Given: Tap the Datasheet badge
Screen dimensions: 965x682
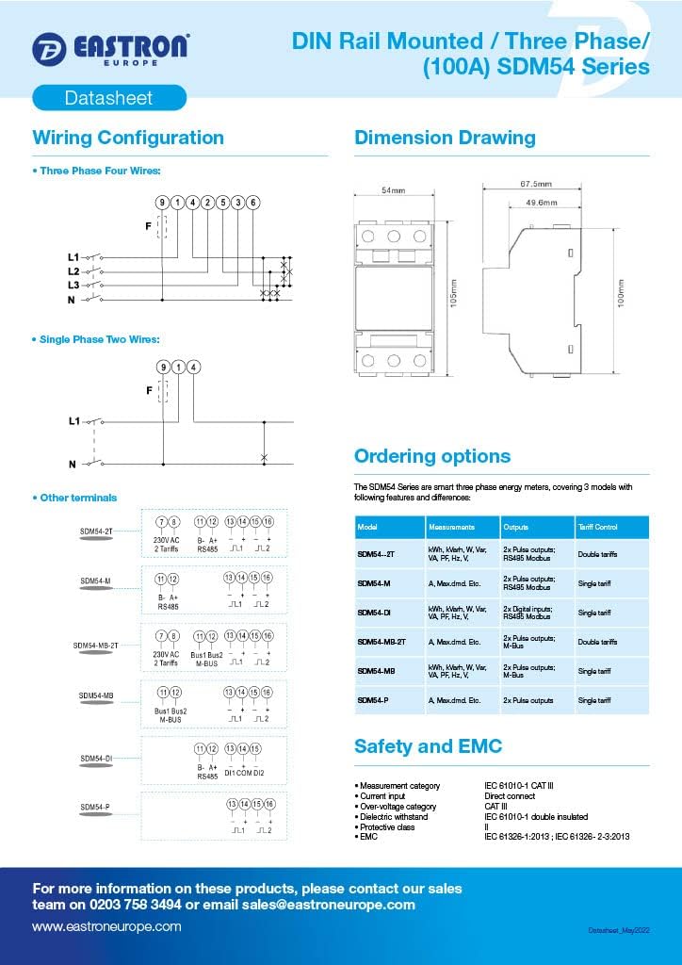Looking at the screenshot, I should tap(108, 97).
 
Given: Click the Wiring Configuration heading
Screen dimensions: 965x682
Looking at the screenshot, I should tap(128, 138).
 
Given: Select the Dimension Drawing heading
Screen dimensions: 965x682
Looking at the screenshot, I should tap(445, 138).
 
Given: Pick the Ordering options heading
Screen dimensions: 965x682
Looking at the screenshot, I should tap(432, 456).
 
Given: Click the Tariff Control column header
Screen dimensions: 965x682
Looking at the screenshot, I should tap(598, 527).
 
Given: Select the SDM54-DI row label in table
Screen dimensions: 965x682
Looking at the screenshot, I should tap(374, 613).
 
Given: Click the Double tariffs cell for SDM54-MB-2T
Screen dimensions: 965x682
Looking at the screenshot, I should tap(598, 642).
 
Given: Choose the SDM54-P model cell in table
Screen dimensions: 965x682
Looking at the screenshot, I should tap(372, 700).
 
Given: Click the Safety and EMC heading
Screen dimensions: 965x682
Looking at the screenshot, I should tap(428, 746).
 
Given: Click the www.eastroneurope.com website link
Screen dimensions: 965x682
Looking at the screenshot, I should tap(106, 927).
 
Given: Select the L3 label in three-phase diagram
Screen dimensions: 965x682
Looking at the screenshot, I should tap(73, 284).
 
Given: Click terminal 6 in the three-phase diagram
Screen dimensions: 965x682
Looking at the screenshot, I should tap(253, 203).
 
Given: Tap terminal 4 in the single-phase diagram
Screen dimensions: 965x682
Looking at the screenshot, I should tap(193, 367).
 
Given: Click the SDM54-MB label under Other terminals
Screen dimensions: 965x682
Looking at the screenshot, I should tap(96, 695).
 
